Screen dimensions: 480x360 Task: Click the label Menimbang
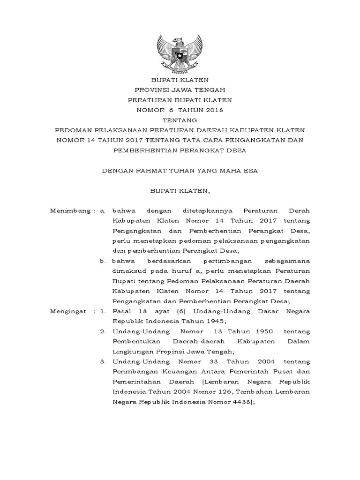[x=70, y=211]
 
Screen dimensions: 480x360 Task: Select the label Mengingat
[x=68, y=311]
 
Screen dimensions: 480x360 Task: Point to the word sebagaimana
[x=287, y=261]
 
